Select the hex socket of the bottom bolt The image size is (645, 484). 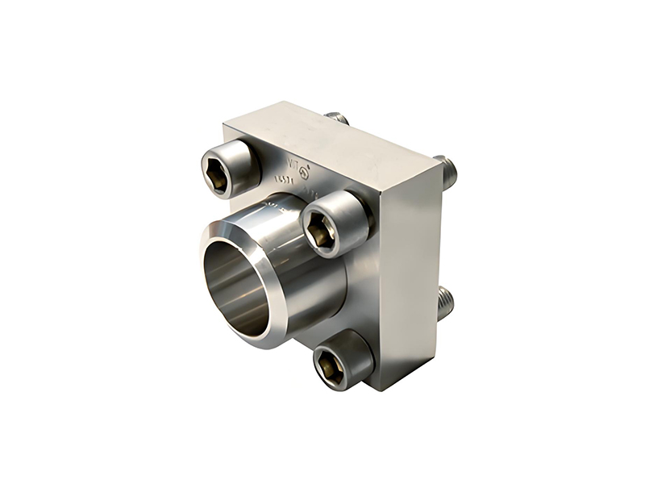[331, 368]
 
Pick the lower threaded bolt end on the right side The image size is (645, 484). [445, 304]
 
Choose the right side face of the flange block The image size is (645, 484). [407, 274]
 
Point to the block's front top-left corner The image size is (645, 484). [225, 127]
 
